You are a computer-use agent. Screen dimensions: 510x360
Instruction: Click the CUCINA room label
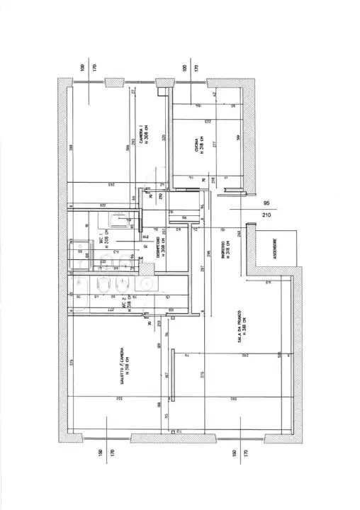point(198,149)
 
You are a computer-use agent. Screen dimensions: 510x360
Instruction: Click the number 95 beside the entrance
point(266,201)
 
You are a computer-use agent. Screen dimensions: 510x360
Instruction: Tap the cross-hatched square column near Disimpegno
point(146,270)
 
